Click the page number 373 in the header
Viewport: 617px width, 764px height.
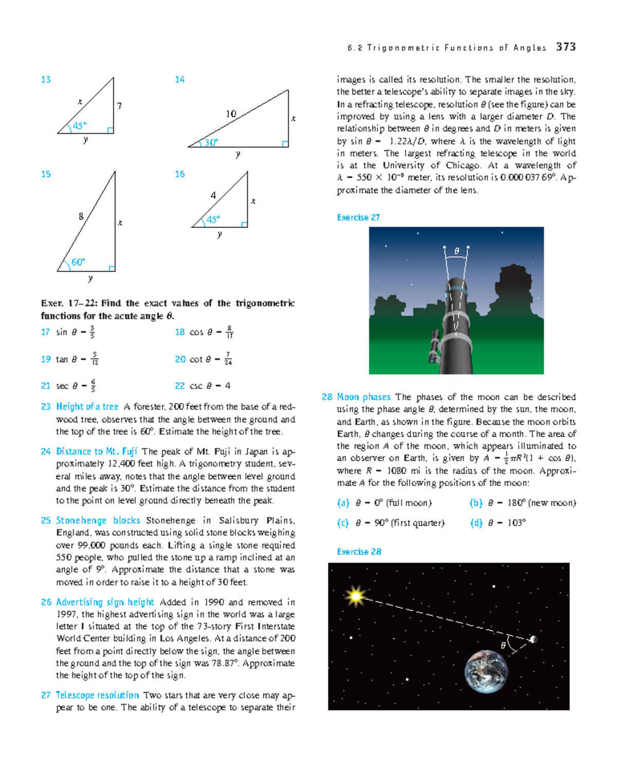(x=566, y=47)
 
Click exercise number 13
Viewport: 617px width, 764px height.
(x=46, y=80)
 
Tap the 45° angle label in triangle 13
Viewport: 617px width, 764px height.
(x=79, y=125)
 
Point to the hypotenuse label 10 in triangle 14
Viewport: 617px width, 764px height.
(x=231, y=114)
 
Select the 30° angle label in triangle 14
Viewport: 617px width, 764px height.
(x=211, y=142)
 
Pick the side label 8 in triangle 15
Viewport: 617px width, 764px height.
(x=81, y=216)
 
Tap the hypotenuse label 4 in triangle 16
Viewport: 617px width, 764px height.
(x=213, y=195)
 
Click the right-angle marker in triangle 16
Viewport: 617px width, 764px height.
(x=244, y=224)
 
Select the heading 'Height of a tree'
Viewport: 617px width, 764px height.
(x=87, y=406)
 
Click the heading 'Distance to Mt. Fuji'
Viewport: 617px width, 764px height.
(x=96, y=451)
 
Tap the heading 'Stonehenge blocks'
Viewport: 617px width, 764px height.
(x=98, y=520)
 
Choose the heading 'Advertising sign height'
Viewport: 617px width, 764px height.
(x=105, y=602)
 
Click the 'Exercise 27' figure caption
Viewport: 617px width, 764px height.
(x=358, y=217)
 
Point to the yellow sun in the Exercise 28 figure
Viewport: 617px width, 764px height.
(x=355, y=597)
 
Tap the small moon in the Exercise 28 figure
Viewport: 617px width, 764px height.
(x=533, y=639)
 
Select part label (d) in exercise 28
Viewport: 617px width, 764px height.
(x=476, y=523)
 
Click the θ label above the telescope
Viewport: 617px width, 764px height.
(x=456, y=251)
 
